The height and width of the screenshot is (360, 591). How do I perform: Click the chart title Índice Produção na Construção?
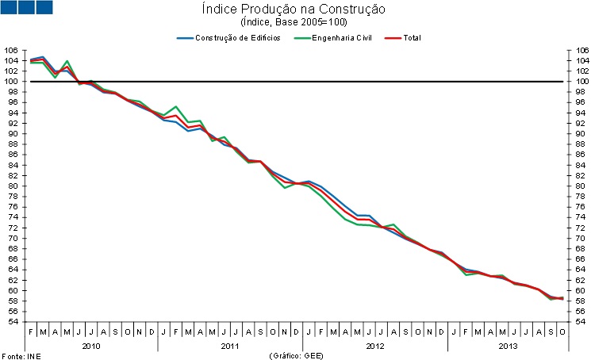tap(295, 10)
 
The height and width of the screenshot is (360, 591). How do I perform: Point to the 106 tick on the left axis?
tap(11, 50)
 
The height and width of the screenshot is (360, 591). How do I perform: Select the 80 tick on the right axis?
tap(580, 186)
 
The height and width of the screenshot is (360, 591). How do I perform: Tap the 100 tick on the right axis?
tap(580, 81)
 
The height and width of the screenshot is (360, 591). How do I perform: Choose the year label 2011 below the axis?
tap(230, 346)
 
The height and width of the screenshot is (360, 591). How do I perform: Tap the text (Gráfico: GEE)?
tap(295, 354)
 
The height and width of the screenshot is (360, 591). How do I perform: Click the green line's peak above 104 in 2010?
tap(67, 61)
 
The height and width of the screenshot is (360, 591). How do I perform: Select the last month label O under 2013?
tap(562, 332)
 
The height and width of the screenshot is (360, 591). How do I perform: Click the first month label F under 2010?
tap(31, 332)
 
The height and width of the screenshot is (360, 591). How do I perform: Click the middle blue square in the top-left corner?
tap(28, 8)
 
